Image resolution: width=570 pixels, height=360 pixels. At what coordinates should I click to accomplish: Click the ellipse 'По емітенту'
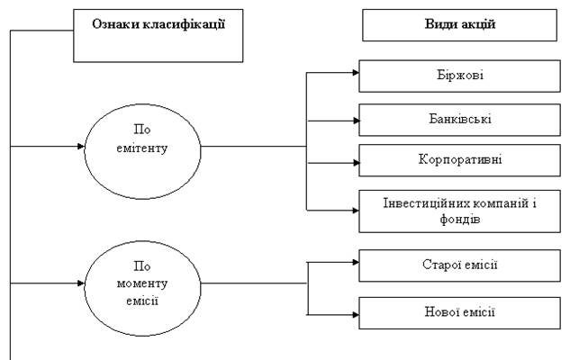[x=142, y=144]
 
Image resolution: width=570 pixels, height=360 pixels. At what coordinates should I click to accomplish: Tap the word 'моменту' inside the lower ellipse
[x=142, y=284]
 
